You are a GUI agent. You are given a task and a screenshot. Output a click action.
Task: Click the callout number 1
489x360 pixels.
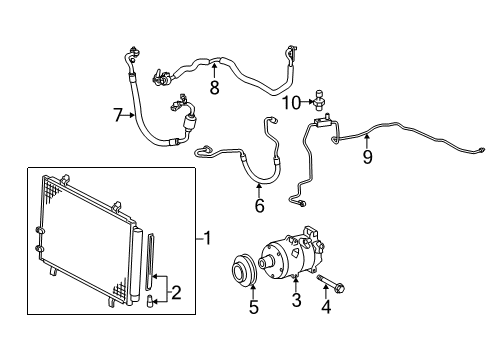point(207,238)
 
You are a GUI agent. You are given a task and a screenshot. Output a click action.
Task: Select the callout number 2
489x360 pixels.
point(176,292)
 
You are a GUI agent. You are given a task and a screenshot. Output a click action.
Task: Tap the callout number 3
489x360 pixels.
point(296,299)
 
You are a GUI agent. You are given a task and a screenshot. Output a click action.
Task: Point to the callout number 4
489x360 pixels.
point(326,307)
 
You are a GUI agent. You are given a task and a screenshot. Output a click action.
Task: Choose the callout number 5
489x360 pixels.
point(254,307)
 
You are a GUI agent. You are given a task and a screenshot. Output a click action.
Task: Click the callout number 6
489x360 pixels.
point(259,205)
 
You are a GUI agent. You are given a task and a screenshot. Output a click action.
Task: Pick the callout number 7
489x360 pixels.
point(118,115)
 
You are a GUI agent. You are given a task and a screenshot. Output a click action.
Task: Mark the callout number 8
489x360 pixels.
point(215,87)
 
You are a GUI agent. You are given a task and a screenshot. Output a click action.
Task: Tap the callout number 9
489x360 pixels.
point(367,156)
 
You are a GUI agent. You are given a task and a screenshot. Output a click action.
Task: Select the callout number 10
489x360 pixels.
point(291,103)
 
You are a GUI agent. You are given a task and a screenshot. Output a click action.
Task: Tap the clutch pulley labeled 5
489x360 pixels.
point(244,270)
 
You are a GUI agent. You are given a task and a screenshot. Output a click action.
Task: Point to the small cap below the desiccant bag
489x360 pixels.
point(150,300)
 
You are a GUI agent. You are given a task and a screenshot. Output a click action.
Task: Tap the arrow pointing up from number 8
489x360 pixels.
point(215,71)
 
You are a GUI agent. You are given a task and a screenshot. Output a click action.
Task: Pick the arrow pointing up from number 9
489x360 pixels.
point(367,141)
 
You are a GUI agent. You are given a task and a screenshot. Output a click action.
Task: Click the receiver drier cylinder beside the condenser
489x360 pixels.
point(137,264)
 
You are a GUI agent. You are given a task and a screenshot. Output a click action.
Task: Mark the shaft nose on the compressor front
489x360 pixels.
point(266,262)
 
